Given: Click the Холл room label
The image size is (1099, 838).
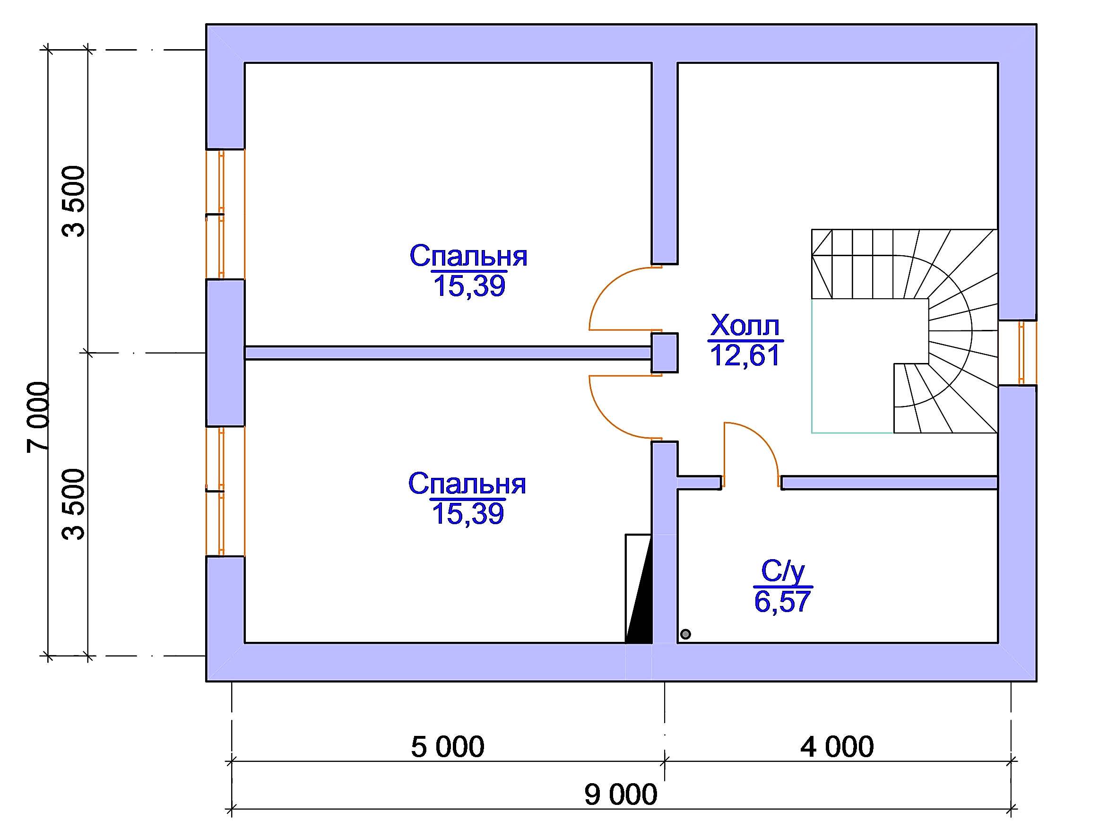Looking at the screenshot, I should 744,326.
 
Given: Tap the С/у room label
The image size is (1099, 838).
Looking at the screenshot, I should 782,571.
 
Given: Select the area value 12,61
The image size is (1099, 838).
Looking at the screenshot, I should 744,355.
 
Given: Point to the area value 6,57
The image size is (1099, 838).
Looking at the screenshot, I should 782,601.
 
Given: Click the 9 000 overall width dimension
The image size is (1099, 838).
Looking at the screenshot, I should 621,795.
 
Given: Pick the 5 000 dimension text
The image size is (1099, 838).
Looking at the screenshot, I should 448,747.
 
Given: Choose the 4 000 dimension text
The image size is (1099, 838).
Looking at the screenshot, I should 837,747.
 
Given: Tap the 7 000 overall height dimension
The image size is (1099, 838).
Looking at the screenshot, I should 39,416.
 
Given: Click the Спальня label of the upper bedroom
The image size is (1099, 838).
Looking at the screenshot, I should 468,256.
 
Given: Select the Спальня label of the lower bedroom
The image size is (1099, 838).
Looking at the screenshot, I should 467,484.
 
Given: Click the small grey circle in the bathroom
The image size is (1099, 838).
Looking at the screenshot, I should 685,634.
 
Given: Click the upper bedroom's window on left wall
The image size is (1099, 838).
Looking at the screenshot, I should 224,214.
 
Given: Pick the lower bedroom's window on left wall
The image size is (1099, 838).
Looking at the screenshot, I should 224,492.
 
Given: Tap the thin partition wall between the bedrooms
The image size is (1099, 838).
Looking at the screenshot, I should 448,353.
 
